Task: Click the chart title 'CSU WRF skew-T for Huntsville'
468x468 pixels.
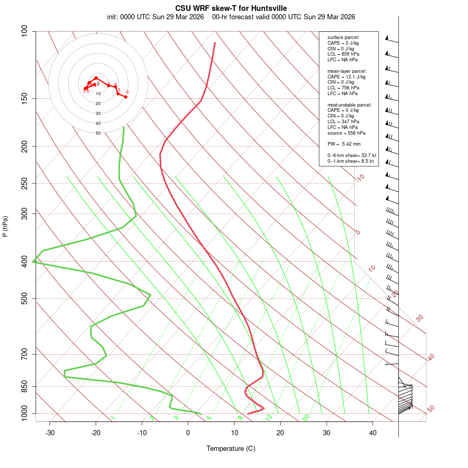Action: [x=231, y=8]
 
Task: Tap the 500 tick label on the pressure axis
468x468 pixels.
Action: [x=24, y=298]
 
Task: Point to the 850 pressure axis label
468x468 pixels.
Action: [x=24, y=386]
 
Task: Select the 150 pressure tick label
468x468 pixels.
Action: [x=24, y=98]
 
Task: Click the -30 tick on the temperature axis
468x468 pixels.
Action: [x=50, y=433]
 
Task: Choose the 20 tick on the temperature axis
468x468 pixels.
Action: [x=280, y=433]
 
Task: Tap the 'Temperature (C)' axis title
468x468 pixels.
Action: [x=231, y=448]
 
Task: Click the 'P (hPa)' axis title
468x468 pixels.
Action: [x=5, y=226]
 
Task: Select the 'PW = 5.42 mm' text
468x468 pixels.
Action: [x=344, y=144]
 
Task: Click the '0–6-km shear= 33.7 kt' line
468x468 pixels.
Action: [x=352, y=155]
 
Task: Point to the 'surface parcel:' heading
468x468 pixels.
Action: [x=343, y=37]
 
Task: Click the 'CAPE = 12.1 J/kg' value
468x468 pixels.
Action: [x=346, y=76]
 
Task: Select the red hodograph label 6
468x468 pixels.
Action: [x=127, y=92]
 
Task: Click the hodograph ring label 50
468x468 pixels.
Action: [x=98, y=133]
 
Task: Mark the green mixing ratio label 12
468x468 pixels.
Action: [x=269, y=418]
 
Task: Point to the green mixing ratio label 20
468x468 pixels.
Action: [x=306, y=418]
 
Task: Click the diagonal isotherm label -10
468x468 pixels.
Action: [x=360, y=178]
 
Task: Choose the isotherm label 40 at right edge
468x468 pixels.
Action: [x=431, y=357]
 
